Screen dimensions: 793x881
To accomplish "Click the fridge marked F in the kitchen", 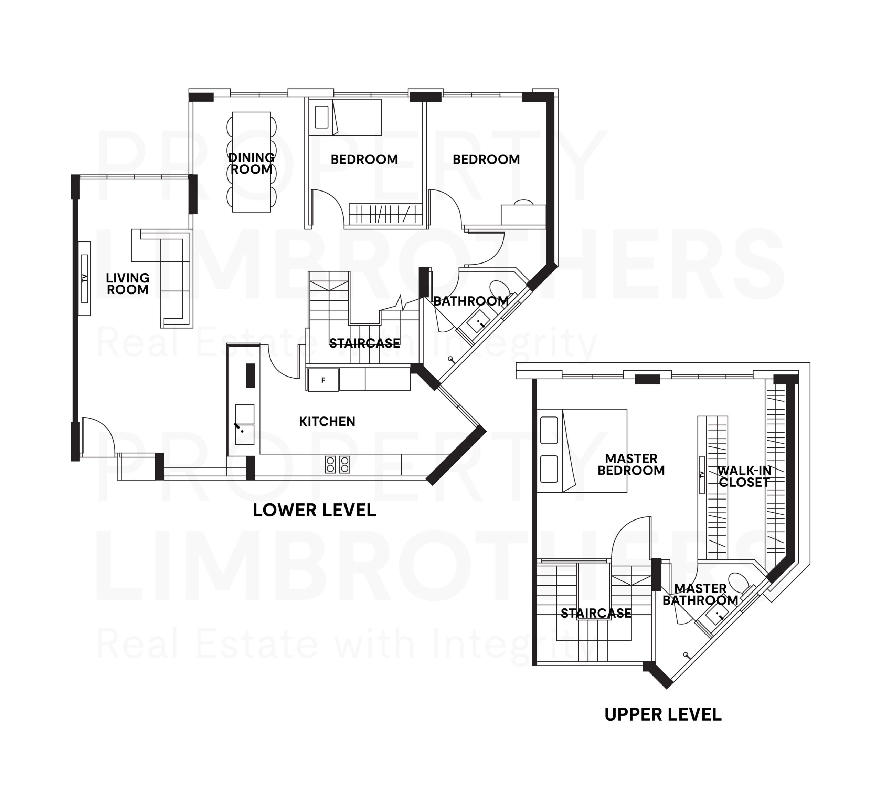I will (323, 380).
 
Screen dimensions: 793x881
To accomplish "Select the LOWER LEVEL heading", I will (314, 510).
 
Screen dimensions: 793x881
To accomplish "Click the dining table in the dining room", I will (252, 162).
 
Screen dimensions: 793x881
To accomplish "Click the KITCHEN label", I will (327, 421).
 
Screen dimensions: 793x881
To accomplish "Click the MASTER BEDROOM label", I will (631, 464).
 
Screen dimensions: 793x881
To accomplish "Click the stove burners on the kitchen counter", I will (337, 464).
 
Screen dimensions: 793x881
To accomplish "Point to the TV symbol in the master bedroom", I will (702, 475).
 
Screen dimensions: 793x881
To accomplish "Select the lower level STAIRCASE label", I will (364, 343).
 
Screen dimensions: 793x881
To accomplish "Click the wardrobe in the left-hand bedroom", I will (386, 214).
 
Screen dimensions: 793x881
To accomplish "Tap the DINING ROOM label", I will (252, 163).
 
